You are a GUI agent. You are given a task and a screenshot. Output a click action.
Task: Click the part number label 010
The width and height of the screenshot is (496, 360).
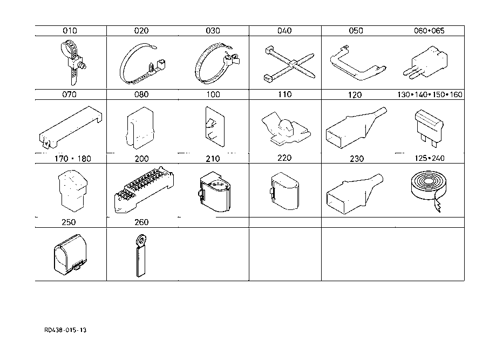(70, 31)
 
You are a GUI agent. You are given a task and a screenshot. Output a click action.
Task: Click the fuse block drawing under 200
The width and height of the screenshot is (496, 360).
(143, 189)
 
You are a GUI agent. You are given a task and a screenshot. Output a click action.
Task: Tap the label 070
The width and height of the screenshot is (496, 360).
(70, 94)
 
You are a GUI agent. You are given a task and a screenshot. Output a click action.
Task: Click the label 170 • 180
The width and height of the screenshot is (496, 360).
(70, 159)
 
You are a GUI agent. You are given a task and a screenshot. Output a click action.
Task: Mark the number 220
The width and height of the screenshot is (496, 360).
(284, 158)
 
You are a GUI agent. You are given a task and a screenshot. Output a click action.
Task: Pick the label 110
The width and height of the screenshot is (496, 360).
(284, 94)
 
